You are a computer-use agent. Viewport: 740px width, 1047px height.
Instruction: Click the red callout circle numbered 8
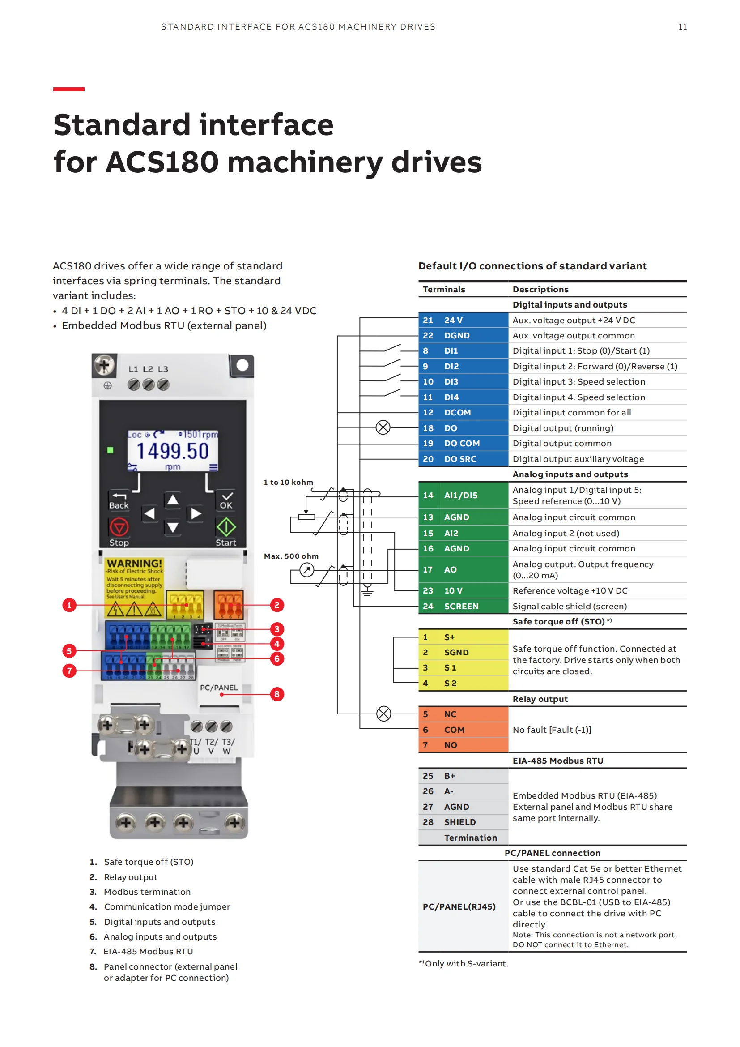pos(276,694)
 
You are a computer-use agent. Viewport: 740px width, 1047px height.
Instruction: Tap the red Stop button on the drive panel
pos(119,528)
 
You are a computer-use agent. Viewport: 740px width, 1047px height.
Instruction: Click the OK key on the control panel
pos(226,500)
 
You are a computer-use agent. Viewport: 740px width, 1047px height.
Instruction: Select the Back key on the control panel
pos(119,501)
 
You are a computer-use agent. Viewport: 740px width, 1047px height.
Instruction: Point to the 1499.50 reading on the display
pos(173,451)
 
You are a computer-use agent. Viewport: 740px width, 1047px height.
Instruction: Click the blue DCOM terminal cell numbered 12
pos(463,412)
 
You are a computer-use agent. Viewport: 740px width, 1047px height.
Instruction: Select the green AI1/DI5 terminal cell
pos(463,495)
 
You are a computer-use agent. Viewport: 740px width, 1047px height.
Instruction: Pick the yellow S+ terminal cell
pos(463,637)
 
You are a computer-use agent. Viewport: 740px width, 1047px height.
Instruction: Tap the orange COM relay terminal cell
pos(463,730)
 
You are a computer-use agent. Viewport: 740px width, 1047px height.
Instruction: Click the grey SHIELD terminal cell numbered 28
pos(463,822)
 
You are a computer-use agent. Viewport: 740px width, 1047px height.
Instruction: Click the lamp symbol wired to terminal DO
pos(383,427)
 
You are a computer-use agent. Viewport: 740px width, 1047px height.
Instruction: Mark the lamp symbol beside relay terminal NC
pos(384,714)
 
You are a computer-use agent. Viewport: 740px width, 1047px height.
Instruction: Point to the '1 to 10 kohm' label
pos(289,482)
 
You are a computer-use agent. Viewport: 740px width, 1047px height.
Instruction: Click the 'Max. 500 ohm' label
pos(291,556)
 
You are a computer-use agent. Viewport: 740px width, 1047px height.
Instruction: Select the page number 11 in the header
pos(682,27)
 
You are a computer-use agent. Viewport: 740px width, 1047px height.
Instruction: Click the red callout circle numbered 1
pos(69,605)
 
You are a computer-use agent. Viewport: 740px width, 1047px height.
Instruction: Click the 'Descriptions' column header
pos(540,289)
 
